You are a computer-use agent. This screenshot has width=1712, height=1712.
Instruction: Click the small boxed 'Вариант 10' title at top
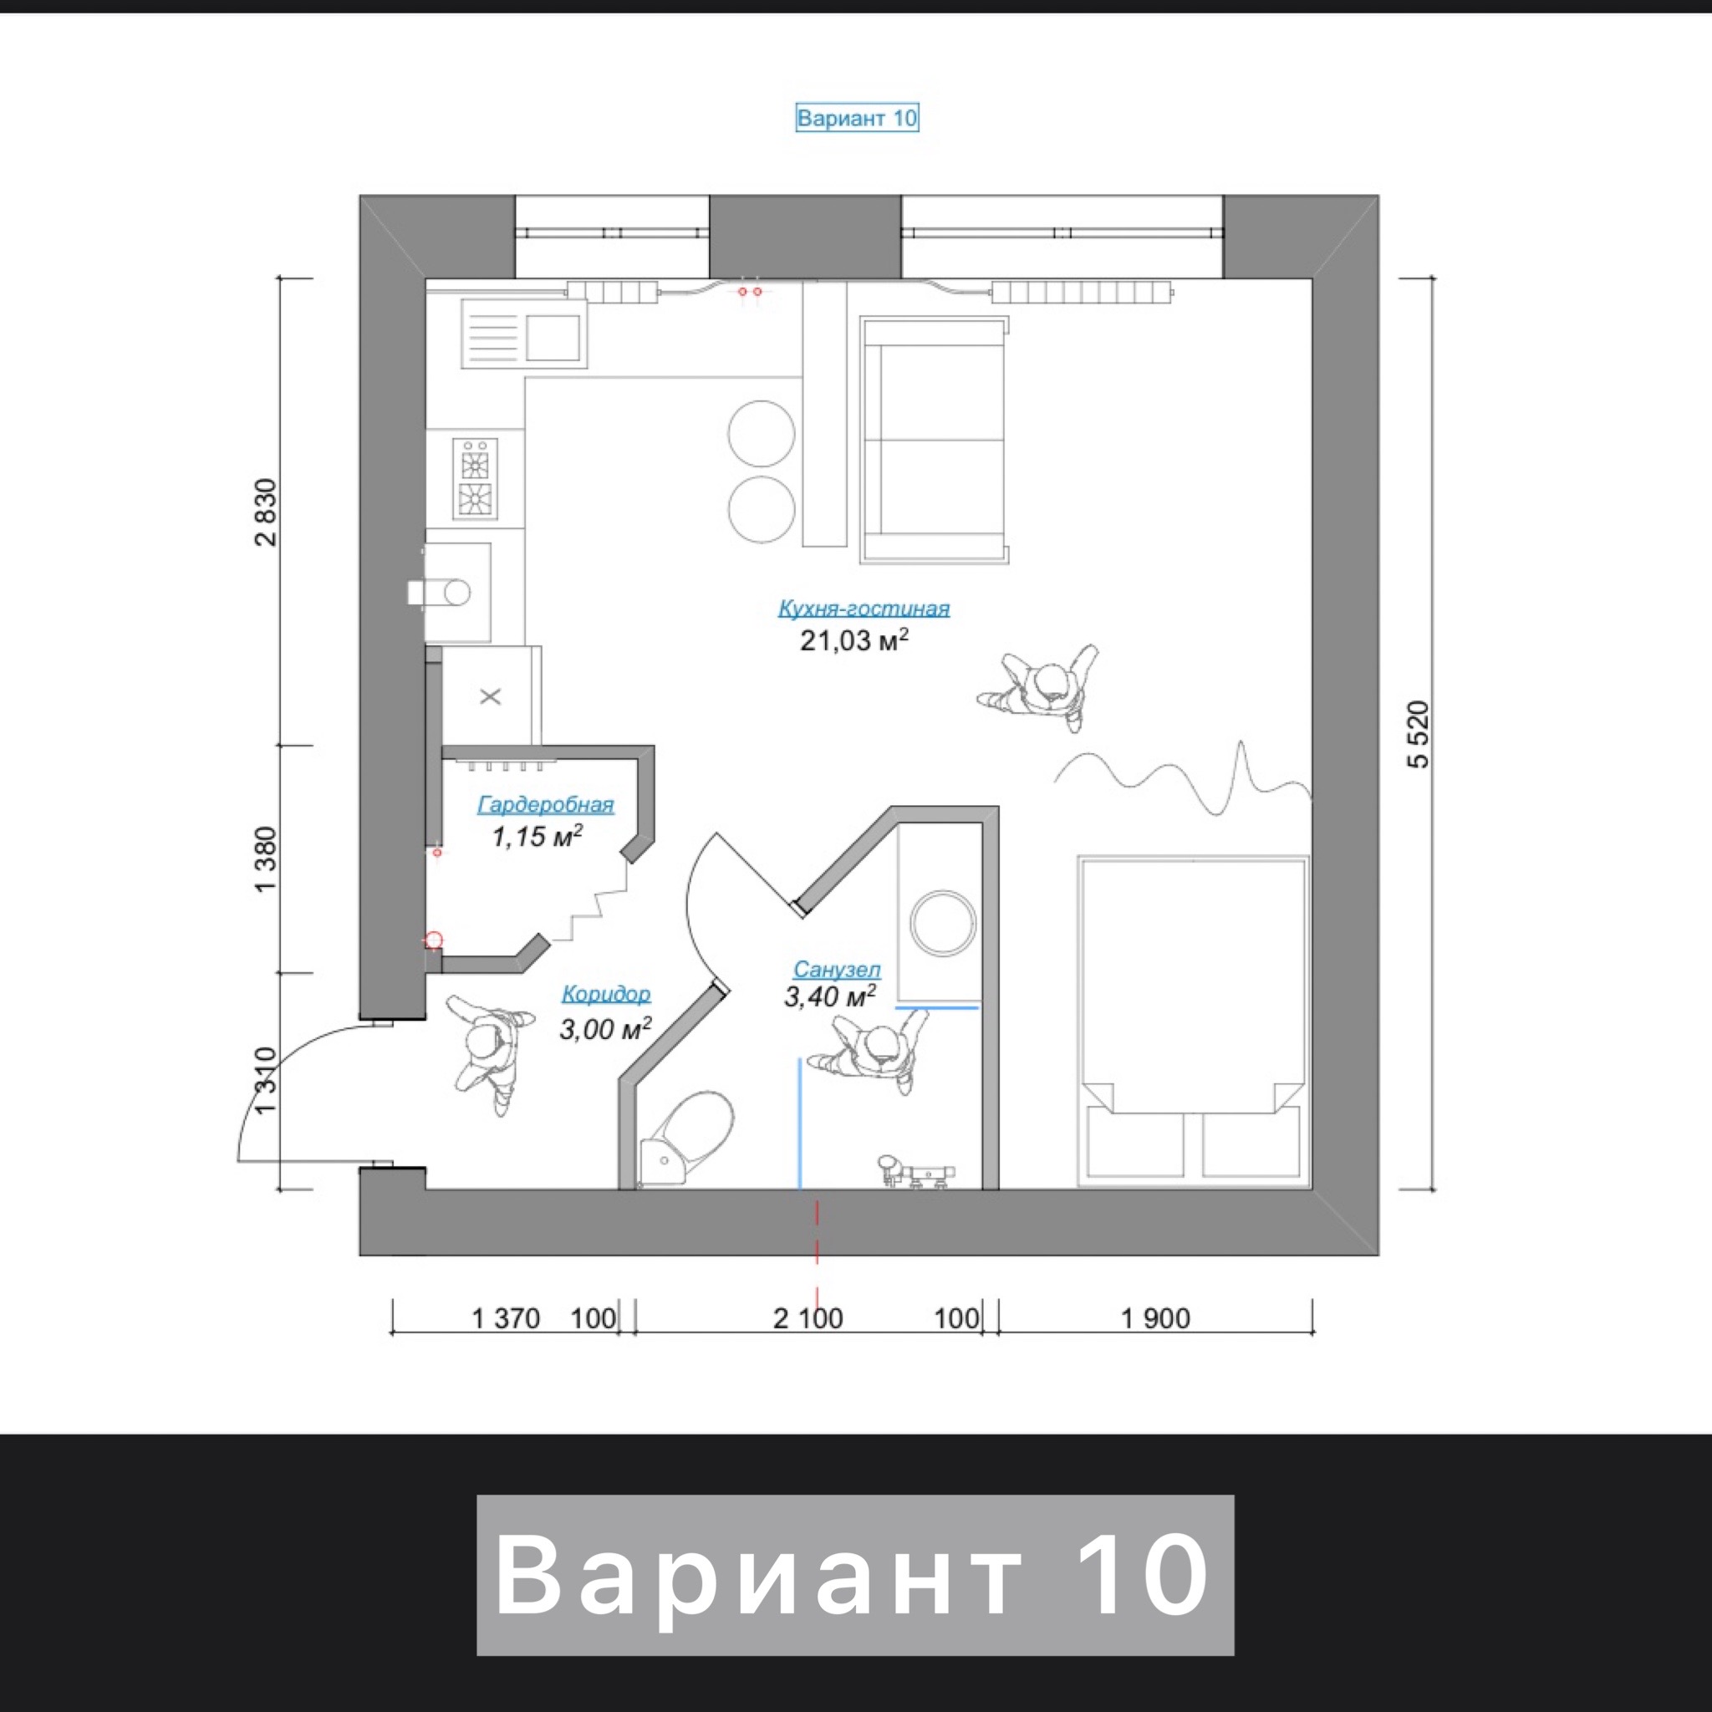coord(857,118)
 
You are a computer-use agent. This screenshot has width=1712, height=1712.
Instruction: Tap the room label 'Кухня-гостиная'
coord(864,609)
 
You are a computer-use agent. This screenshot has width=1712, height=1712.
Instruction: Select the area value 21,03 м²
coord(854,639)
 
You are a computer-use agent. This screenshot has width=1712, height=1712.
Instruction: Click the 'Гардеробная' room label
coord(546,805)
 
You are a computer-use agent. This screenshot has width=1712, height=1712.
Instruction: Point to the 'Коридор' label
coord(606,994)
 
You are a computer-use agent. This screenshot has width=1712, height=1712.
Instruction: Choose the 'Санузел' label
coord(837,970)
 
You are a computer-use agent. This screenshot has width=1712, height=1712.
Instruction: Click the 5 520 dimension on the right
coord(1419,734)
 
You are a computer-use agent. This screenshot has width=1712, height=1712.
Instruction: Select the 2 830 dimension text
coord(266,512)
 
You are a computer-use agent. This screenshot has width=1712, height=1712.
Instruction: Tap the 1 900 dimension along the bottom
coord(1155,1318)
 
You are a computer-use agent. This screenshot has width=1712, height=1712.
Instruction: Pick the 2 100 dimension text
coord(808,1318)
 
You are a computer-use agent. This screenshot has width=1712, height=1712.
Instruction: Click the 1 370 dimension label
coord(505,1318)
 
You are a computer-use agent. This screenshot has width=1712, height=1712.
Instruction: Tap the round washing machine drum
coord(944,925)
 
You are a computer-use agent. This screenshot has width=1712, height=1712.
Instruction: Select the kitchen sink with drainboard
coord(523,334)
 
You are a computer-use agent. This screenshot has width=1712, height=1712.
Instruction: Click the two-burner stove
coord(476,478)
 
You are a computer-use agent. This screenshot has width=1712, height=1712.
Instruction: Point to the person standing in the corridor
coord(490,1052)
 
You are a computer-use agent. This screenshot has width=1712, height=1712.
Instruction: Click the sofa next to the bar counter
coord(935,441)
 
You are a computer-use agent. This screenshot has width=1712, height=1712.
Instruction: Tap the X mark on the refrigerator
coord(490,696)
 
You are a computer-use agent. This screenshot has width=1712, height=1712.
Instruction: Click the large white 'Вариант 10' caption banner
coord(855,1575)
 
